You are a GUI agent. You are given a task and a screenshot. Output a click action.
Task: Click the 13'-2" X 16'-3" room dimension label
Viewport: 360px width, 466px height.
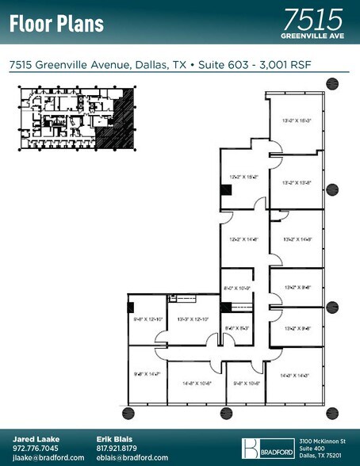296,120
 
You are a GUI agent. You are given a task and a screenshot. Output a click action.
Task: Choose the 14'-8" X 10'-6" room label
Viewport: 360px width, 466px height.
196,383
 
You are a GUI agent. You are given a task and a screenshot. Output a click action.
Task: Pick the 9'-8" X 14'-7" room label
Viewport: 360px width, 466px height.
147,373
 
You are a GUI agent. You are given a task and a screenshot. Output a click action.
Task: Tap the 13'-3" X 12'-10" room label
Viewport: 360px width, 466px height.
193,319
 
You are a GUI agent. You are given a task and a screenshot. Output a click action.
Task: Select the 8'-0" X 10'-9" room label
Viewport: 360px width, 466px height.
236,288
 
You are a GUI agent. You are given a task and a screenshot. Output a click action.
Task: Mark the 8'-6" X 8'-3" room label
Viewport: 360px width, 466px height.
236,327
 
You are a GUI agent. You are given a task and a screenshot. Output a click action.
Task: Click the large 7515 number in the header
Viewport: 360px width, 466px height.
312,18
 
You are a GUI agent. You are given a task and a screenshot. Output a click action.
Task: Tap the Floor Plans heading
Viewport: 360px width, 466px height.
56,23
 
